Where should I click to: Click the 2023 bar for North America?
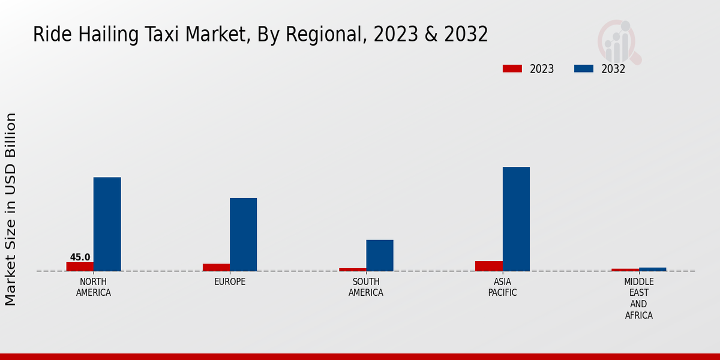80,266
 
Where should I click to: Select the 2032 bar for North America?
107,224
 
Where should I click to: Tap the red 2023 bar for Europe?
216,268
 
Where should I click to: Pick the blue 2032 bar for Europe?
244,234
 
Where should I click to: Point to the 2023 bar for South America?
353,269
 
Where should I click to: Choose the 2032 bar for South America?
380,255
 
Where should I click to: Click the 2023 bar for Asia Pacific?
489,266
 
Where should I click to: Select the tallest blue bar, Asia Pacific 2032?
516,218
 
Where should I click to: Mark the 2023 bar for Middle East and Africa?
625,270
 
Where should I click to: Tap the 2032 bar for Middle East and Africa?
653,269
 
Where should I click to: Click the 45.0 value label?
80,257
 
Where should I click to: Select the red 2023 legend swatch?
512,69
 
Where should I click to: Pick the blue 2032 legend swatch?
584,69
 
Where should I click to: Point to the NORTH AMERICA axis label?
94,287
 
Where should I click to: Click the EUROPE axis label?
230,282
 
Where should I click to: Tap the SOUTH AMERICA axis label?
366,287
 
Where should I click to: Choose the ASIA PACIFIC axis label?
502,287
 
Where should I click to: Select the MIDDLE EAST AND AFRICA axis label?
639,298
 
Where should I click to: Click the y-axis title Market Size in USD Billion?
11,209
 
